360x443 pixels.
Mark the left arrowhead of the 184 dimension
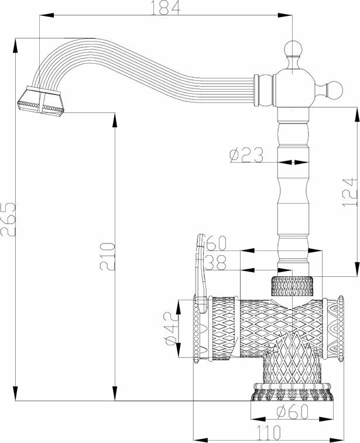(42, 18)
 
